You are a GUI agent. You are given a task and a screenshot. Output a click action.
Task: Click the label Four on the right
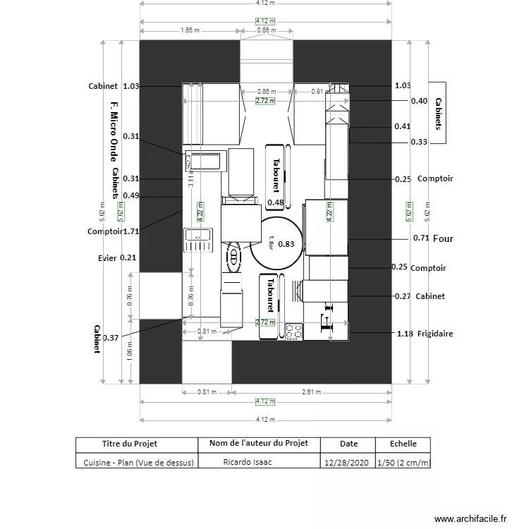click(x=443, y=238)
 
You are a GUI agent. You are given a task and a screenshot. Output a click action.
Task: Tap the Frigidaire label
click(x=434, y=333)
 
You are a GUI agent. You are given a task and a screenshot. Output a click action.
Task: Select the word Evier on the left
click(x=107, y=257)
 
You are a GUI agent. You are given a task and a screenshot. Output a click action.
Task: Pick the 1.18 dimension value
click(x=404, y=333)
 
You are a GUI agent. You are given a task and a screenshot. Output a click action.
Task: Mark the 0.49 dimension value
click(x=130, y=195)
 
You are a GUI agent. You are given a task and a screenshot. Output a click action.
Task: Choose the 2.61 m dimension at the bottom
click(x=310, y=391)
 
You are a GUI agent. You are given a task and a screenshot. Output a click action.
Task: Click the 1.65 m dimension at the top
click(x=190, y=30)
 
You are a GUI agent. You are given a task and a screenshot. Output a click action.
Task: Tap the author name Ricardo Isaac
click(x=247, y=463)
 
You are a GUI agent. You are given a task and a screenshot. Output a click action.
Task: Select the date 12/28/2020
click(x=346, y=463)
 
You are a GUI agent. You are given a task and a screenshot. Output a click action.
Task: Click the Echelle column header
click(x=403, y=444)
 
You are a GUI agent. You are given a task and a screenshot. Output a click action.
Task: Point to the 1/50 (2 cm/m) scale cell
click(x=403, y=463)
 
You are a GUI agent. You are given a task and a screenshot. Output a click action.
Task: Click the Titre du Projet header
click(x=130, y=444)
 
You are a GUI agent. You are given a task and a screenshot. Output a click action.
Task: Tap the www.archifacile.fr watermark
click(x=470, y=518)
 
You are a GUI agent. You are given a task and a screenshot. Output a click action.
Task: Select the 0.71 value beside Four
click(x=421, y=238)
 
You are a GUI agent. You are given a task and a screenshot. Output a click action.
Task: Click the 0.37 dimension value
click(x=111, y=338)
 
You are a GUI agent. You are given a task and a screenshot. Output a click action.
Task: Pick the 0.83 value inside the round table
click(x=286, y=244)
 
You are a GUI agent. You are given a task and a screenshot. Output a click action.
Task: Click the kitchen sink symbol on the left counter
click(x=198, y=240)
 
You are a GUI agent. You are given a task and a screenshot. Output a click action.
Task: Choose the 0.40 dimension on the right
click(x=419, y=101)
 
